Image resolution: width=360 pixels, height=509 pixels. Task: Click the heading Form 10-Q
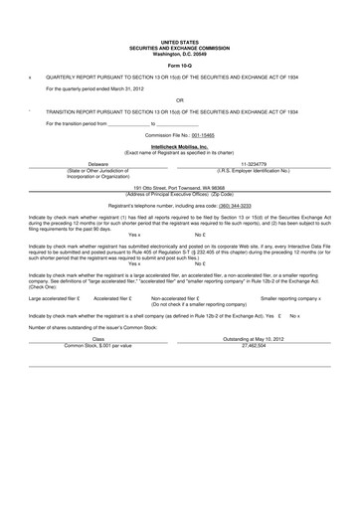tap(180, 67)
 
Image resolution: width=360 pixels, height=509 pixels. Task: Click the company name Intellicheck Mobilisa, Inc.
tap(180, 144)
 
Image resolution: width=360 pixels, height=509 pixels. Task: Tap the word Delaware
tap(97, 163)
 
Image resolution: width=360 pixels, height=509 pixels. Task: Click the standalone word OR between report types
tap(180, 99)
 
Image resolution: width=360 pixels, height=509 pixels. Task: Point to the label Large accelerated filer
tap(51, 297)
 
